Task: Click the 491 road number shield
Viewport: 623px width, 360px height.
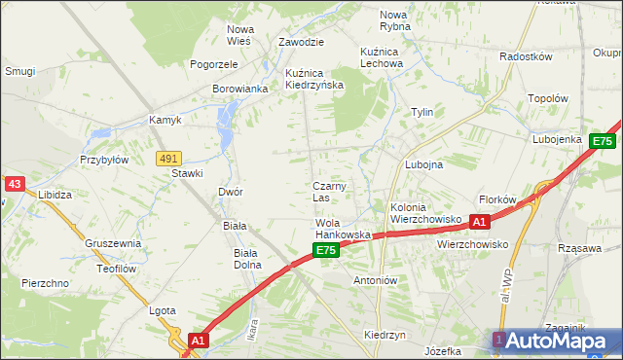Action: [x=168, y=158]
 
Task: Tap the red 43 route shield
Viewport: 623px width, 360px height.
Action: [x=14, y=183]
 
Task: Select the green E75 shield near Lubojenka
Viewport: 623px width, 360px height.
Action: [x=603, y=142]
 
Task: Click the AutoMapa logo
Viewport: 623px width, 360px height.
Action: [x=553, y=341]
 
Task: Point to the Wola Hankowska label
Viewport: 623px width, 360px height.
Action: [x=343, y=230]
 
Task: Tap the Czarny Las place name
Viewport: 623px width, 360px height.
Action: [x=330, y=192]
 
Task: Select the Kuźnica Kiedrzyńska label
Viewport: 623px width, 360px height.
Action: [x=314, y=79]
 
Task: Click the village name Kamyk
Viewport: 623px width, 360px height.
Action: [x=165, y=121]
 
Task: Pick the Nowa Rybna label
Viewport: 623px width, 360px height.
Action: [x=394, y=20]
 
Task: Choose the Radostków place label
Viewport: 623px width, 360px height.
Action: [x=526, y=56]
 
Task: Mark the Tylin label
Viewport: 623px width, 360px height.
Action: [x=421, y=112]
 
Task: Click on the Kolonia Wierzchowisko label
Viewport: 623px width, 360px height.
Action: [x=424, y=213]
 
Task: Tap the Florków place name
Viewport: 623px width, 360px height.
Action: [x=496, y=199]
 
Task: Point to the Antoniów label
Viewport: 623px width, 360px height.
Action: [x=376, y=279]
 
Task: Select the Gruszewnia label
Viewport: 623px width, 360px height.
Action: [x=113, y=243]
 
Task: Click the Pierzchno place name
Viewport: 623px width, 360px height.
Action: [x=44, y=283]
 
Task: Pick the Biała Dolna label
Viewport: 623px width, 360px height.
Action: [x=245, y=259]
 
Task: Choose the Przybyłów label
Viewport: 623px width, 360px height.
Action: [x=104, y=160]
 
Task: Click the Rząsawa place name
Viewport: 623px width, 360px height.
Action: [x=579, y=248]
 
